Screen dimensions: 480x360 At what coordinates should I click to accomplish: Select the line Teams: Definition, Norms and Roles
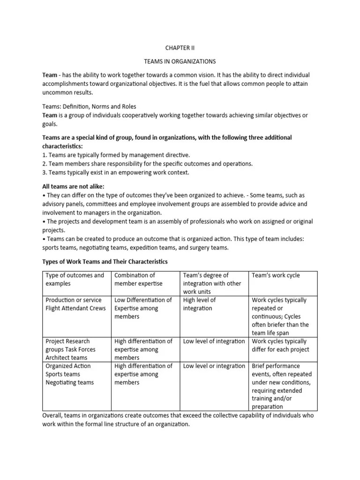point(90,106)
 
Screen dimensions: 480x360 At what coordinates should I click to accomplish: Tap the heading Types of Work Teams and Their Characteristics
point(105,261)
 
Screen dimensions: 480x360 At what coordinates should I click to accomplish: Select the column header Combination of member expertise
point(138,279)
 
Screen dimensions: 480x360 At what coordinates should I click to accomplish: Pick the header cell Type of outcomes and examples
point(75,279)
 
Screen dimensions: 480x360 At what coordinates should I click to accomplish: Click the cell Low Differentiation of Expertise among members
point(143,308)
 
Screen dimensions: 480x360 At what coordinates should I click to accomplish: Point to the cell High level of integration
point(199,304)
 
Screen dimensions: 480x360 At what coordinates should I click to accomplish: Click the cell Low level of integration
point(214,341)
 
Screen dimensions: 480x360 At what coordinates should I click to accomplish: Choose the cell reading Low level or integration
point(214,366)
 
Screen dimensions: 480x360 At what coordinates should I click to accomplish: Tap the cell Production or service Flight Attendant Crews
point(75,304)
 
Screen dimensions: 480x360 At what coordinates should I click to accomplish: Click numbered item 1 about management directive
point(110,154)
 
